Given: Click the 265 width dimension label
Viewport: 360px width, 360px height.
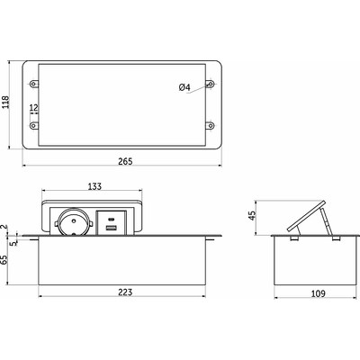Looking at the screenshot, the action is tap(125, 161).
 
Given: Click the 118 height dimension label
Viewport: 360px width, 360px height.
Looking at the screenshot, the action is tap(6, 102).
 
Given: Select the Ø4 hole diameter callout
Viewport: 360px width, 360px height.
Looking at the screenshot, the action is tap(184, 87).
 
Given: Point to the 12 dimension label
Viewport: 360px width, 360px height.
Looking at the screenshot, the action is tap(34, 107).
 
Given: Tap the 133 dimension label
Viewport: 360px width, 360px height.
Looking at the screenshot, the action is tap(94, 186).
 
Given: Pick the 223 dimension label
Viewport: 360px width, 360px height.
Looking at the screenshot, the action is tap(125, 292).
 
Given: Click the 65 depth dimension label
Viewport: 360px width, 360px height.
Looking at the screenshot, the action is tap(4, 259).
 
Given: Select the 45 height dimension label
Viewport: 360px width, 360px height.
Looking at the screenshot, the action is tap(252, 215).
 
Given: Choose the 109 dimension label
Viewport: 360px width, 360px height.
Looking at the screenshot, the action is tap(319, 293).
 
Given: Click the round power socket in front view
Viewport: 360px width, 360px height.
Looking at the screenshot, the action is tap(73, 222).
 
